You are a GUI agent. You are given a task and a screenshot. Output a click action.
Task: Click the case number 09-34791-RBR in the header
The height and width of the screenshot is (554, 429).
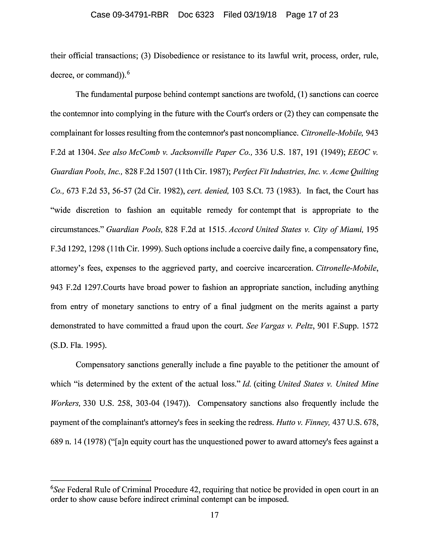pyautogui.click(x=140, y=15)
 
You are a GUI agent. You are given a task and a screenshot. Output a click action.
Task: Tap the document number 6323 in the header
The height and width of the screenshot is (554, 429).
pyautogui.click(x=205, y=15)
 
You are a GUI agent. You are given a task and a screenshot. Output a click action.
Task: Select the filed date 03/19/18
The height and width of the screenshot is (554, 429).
pyautogui.click(x=260, y=15)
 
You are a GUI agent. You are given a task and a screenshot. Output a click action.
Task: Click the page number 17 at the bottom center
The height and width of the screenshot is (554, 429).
pyautogui.click(x=214, y=515)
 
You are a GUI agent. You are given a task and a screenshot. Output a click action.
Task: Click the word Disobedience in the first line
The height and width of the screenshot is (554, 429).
pyautogui.click(x=176, y=56)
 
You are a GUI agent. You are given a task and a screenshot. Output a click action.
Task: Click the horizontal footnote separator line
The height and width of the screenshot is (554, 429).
pyautogui.click(x=101, y=480)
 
